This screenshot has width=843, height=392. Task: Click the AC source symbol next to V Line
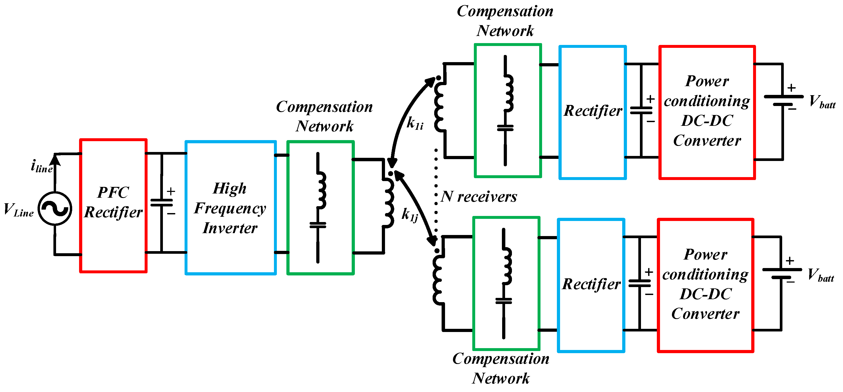[55, 209]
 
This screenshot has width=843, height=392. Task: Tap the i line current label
[42, 166]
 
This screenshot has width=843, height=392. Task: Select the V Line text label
[18, 210]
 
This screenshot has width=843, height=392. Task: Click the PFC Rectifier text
[113, 202]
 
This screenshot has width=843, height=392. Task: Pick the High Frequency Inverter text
[230, 208]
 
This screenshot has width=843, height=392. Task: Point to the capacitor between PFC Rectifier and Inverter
[162, 203]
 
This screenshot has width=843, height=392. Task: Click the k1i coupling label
[415, 123]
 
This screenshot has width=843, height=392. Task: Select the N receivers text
[479, 197]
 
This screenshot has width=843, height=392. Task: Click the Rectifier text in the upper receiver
[593, 110]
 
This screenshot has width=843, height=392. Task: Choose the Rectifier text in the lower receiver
[591, 284]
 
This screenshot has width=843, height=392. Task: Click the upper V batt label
[822, 102]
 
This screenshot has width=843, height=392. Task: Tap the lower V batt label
[821, 275]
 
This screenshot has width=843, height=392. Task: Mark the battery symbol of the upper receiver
[783, 100]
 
